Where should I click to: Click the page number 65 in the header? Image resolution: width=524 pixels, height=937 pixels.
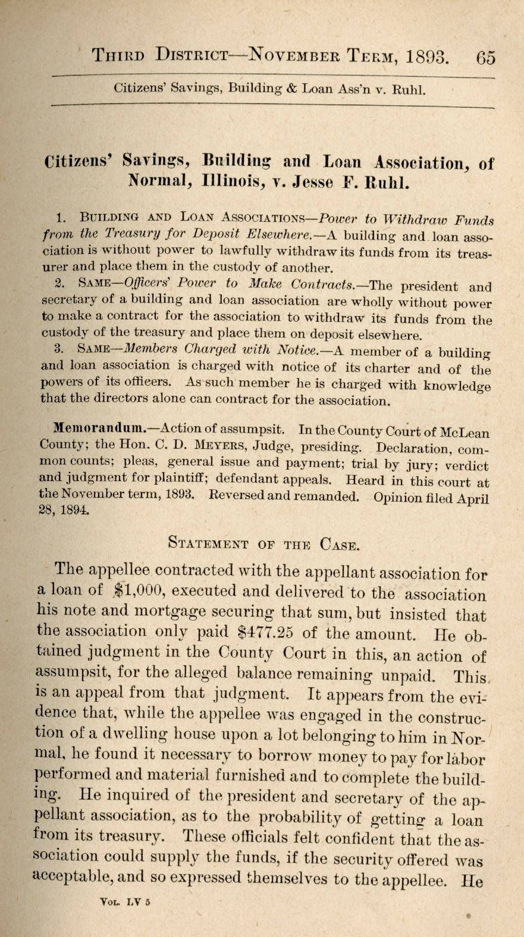point(485,58)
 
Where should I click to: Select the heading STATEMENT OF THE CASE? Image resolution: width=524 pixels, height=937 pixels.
point(263,543)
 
